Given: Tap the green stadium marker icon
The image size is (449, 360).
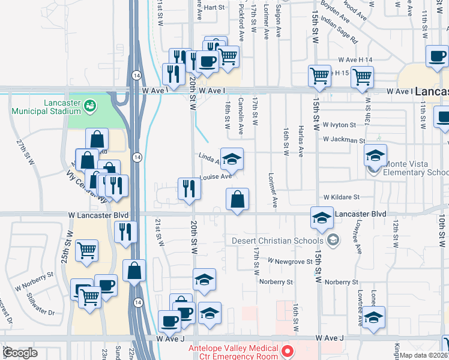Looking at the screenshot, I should (90, 106).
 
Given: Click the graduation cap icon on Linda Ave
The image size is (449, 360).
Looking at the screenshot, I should (232, 159).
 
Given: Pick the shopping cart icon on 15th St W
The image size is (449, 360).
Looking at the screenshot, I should (319, 76).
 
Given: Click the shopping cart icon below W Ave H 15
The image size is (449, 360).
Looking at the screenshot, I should (362, 76).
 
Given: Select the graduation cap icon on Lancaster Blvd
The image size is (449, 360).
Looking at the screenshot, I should (322, 217).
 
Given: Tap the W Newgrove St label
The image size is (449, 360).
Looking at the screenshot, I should (290, 262).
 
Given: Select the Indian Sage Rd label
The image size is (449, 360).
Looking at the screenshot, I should (339, 31).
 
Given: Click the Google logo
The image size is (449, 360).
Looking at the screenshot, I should (20, 353).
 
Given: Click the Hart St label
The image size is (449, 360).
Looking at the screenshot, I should (213, 8).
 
